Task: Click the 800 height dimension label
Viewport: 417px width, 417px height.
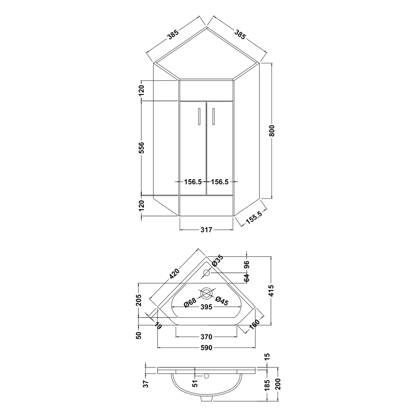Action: click(x=271, y=131)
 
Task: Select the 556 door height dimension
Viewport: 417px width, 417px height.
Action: click(x=141, y=148)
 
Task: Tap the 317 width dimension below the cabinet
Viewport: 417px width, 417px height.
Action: click(x=206, y=230)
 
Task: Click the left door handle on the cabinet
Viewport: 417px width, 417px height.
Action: click(x=199, y=116)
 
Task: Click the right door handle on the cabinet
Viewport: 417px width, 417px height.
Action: click(x=213, y=116)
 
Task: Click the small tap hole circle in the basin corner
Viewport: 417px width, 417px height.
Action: click(x=206, y=273)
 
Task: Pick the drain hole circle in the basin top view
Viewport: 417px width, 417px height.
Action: click(x=206, y=293)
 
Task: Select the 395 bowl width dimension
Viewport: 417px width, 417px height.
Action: click(x=206, y=307)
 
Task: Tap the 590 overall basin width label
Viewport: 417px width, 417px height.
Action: click(x=206, y=347)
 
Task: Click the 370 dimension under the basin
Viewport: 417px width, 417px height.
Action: click(x=206, y=337)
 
